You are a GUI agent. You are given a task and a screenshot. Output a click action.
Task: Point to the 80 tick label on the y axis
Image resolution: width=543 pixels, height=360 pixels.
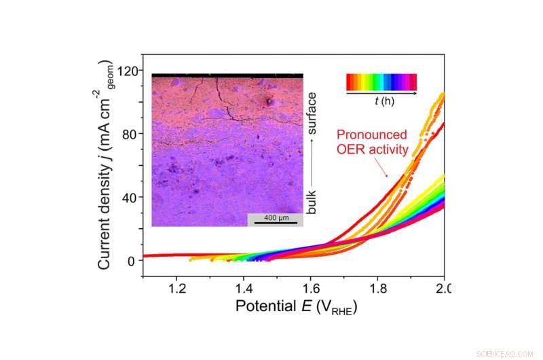[x=129, y=134]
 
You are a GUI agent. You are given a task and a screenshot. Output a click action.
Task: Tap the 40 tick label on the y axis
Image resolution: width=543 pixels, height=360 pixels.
[x=129, y=197]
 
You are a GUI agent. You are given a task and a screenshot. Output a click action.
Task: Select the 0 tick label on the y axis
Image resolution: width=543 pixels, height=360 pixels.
[x=132, y=260]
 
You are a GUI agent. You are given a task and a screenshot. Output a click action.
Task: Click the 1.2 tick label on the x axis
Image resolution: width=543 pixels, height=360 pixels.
[x=176, y=287]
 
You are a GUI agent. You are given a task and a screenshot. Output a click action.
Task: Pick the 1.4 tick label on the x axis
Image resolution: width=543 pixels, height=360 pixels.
[x=244, y=287]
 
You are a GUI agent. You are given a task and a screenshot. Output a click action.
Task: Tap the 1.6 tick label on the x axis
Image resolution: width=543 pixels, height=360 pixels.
[x=310, y=287]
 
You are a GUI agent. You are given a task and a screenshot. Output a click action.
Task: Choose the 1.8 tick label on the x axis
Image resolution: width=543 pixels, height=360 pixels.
[x=377, y=287]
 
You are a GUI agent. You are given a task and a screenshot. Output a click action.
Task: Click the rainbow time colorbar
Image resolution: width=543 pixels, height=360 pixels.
[x=381, y=82]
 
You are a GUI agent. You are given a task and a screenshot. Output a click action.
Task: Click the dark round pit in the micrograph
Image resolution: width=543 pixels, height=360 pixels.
[x=270, y=103]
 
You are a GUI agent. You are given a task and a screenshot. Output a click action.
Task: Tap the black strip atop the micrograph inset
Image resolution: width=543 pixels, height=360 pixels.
[x=227, y=77]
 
